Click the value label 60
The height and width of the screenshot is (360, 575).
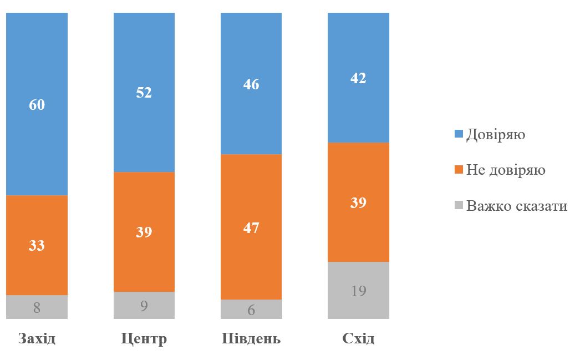[x=37, y=104]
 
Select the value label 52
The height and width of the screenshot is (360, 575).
[x=144, y=93]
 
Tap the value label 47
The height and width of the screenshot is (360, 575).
[x=251, y=227]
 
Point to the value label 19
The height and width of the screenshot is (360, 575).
[x=358, y=291]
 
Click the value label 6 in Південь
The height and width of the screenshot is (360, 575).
[x=251, y=310]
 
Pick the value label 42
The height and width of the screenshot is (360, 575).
[x=358, y=78]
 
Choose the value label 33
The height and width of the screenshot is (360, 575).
[x=37, y=246]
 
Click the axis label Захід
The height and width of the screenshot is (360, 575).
[x=37, y=338]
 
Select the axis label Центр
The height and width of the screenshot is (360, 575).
[x=144, y=338]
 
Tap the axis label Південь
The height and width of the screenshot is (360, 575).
[x=251, y=338]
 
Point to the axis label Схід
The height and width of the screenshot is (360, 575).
[x=358, y=338]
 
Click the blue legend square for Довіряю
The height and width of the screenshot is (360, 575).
[x=459, y=134]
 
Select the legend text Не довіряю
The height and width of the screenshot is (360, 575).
[x=506, y=170]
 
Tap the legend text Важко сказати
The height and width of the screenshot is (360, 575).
[x=517, y=206]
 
